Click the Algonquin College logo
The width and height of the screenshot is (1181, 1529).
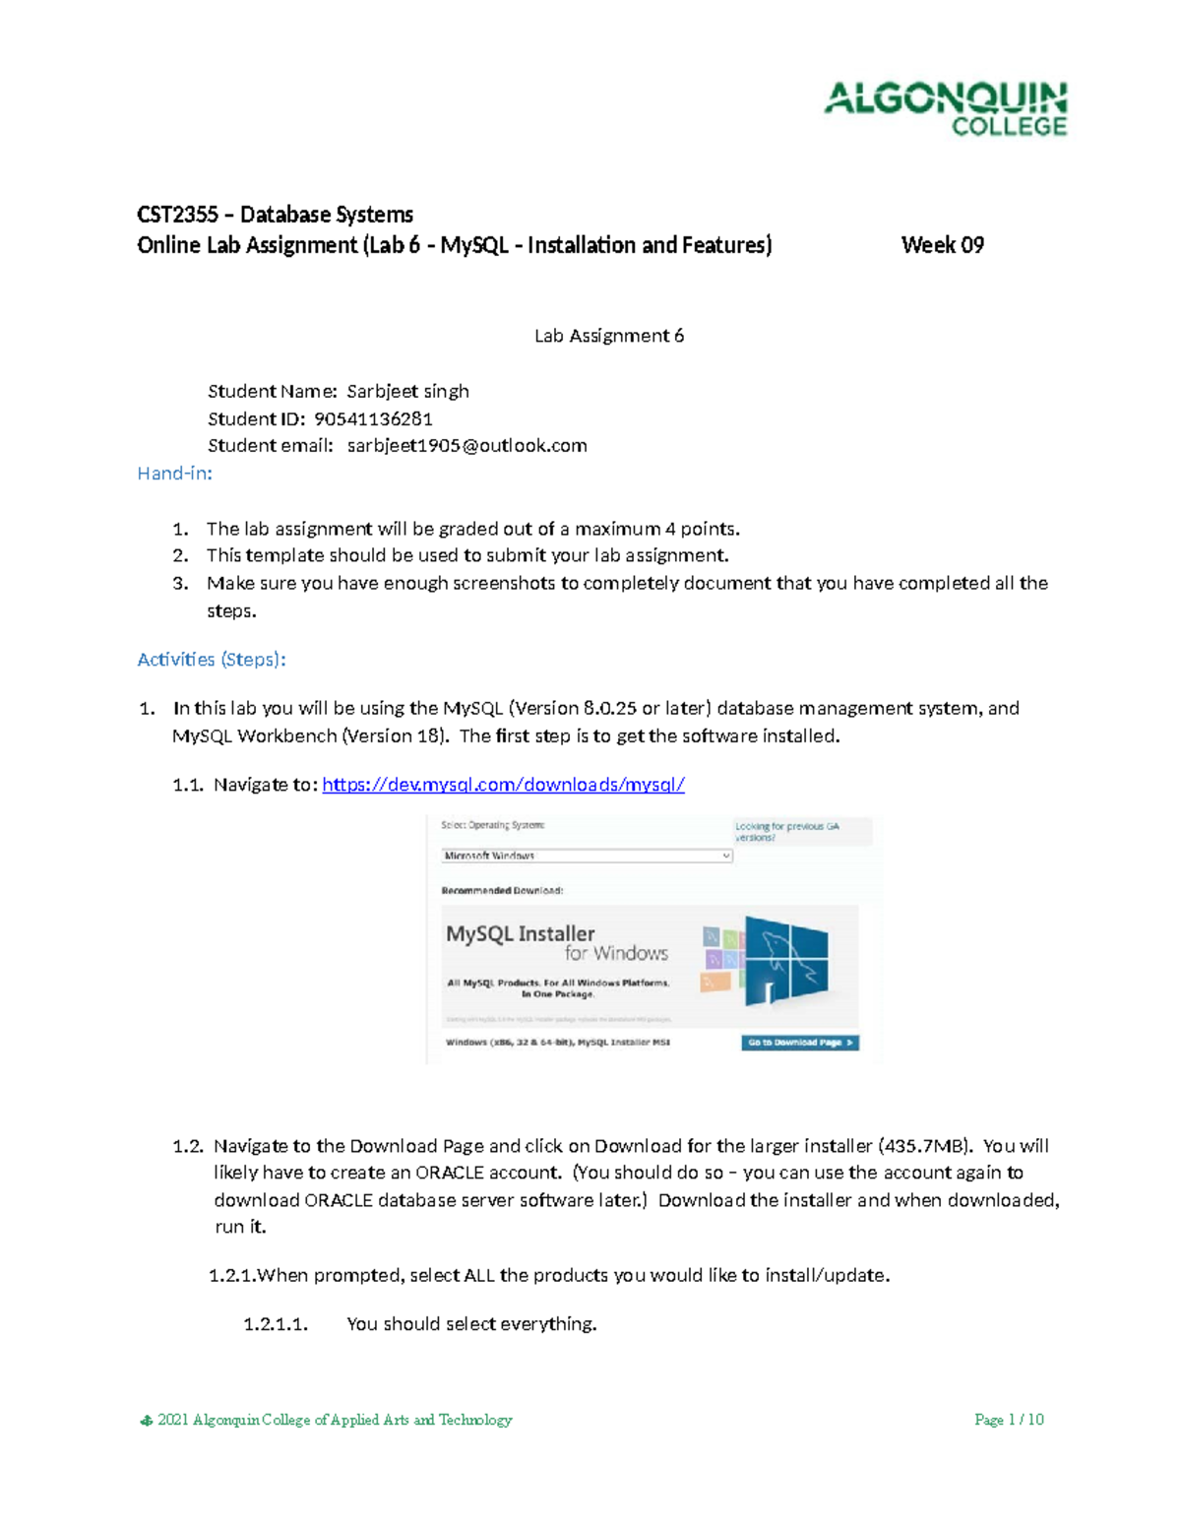pos(945,108)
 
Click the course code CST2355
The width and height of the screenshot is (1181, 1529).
pos(177,215)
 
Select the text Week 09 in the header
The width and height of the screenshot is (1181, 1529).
pos(942,245)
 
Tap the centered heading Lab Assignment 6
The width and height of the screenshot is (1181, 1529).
pos(608,336)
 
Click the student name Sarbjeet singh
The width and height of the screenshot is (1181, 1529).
pos(407,391)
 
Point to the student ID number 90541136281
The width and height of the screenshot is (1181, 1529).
pos(373,418)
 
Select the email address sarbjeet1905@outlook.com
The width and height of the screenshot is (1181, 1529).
pos(466,445)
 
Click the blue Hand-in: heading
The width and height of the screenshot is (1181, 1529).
pos(174,474)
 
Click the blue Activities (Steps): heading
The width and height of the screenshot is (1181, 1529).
pos(211,660)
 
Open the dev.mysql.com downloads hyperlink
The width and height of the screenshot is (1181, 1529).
pos(503,785)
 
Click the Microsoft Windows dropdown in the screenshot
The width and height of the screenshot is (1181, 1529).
pos(587,856)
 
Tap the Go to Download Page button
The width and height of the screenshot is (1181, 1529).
pos(799,1043)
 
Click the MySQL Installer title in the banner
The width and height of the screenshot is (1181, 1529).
pos(520,933)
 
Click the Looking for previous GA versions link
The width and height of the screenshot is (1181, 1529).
pos(786,832)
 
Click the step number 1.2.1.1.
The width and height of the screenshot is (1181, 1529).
pos(276,1324)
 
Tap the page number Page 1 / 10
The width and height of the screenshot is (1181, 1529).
pos(1008,1420)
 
